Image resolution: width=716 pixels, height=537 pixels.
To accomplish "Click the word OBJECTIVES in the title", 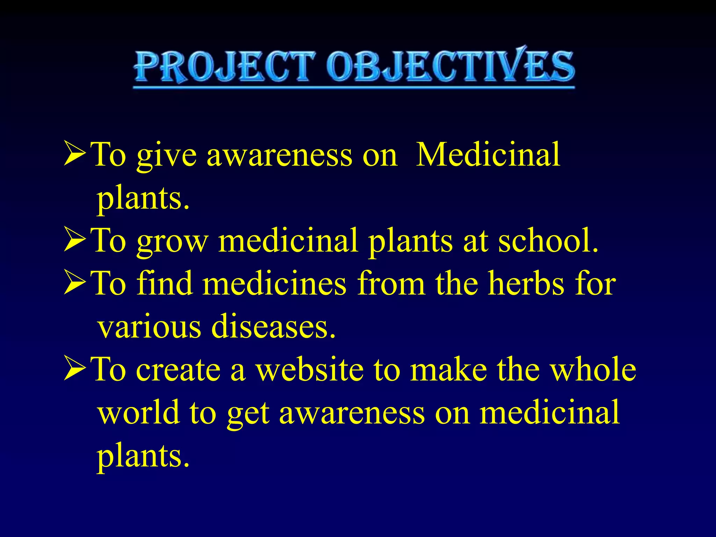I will tap(451, 66).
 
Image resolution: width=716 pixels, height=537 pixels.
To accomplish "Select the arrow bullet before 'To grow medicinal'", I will tap(75, 240).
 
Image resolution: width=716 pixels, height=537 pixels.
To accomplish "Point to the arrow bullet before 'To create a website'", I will tap(75, 369).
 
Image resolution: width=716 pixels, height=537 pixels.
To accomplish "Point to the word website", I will tap(310, 370).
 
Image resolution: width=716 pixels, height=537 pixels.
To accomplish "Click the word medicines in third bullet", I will tap(274, 283).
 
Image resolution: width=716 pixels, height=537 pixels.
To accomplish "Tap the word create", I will tap(178, 370).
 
